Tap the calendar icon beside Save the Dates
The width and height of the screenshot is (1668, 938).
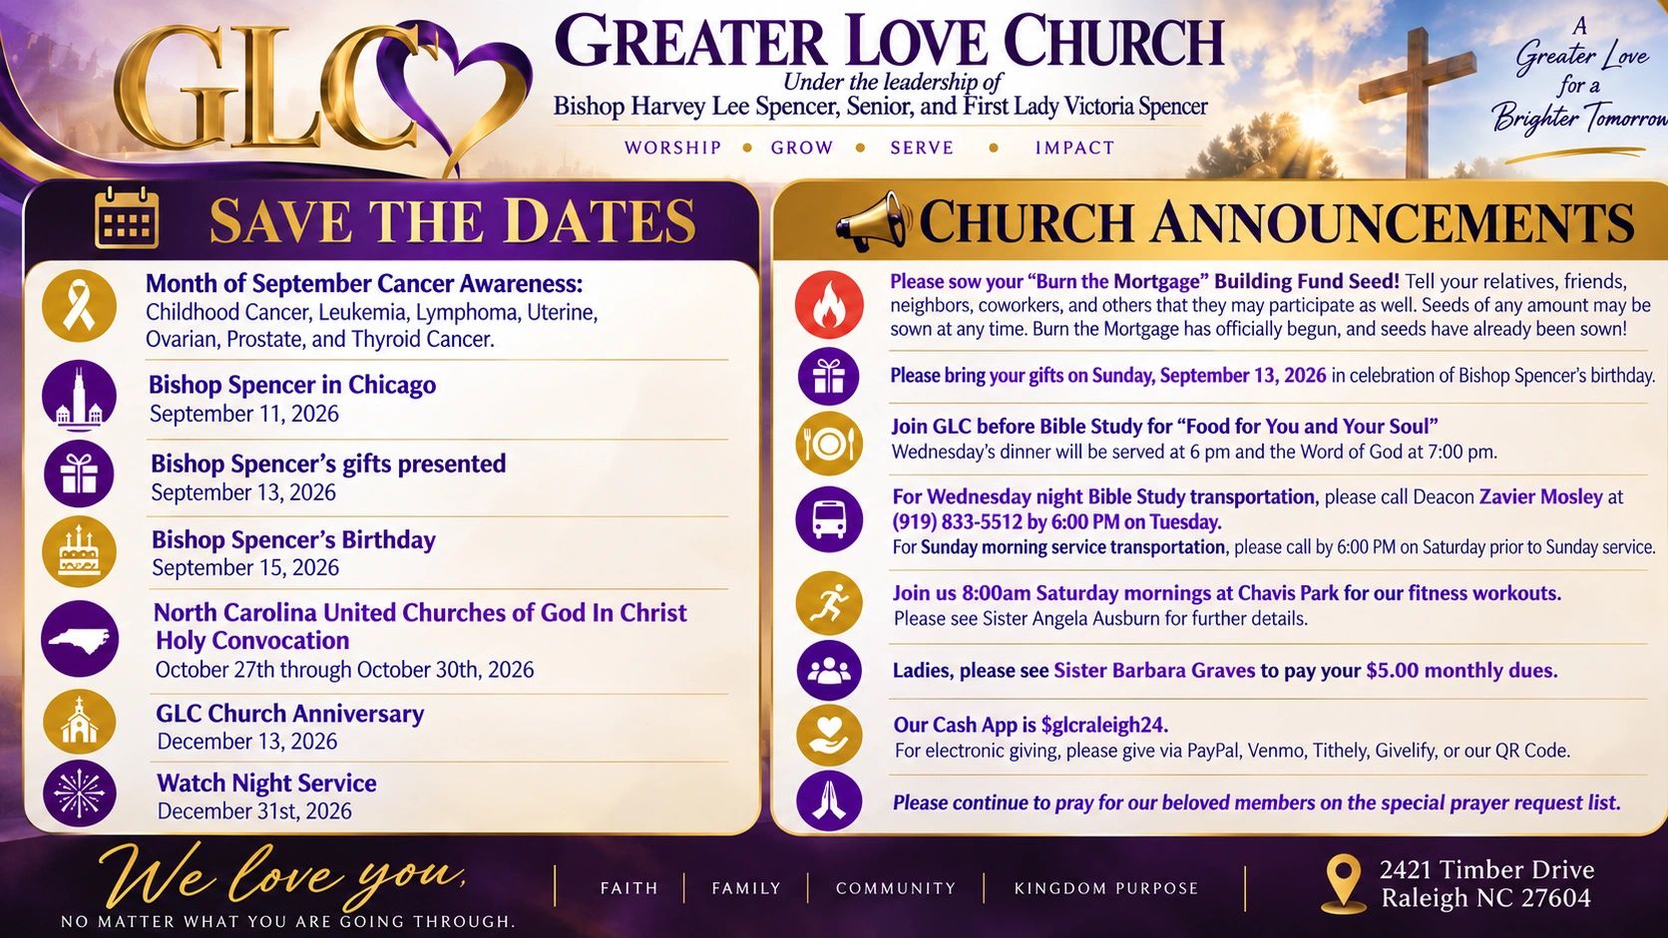[x=127, y=217]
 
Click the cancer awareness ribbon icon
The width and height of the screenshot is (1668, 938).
[x=79, y=306]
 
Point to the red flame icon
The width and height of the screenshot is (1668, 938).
[x=829, y=305]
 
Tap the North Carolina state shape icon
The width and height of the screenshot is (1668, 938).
[x=80, y=639]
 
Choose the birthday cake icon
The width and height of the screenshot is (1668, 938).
[x=79, y=551]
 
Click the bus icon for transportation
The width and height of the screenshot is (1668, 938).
[x=829, y=519]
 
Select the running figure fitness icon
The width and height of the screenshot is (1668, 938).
[x=829, y=603]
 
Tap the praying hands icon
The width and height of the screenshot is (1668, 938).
[x=829, y=801]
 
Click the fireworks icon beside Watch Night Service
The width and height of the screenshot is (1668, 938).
[x=80, y=793]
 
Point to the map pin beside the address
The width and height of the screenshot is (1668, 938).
[x=1343, y=884]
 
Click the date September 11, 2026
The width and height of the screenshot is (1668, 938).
[x=244, y=414]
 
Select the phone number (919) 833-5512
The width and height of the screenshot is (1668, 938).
[x=956, y=522]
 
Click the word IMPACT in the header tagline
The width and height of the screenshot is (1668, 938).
[x=1074, y=149]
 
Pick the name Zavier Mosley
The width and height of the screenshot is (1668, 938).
[x=1540, y=496]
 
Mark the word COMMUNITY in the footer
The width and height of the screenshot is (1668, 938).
[x=896, y=888]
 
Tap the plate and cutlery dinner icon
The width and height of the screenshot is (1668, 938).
[x=829, y=445]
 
